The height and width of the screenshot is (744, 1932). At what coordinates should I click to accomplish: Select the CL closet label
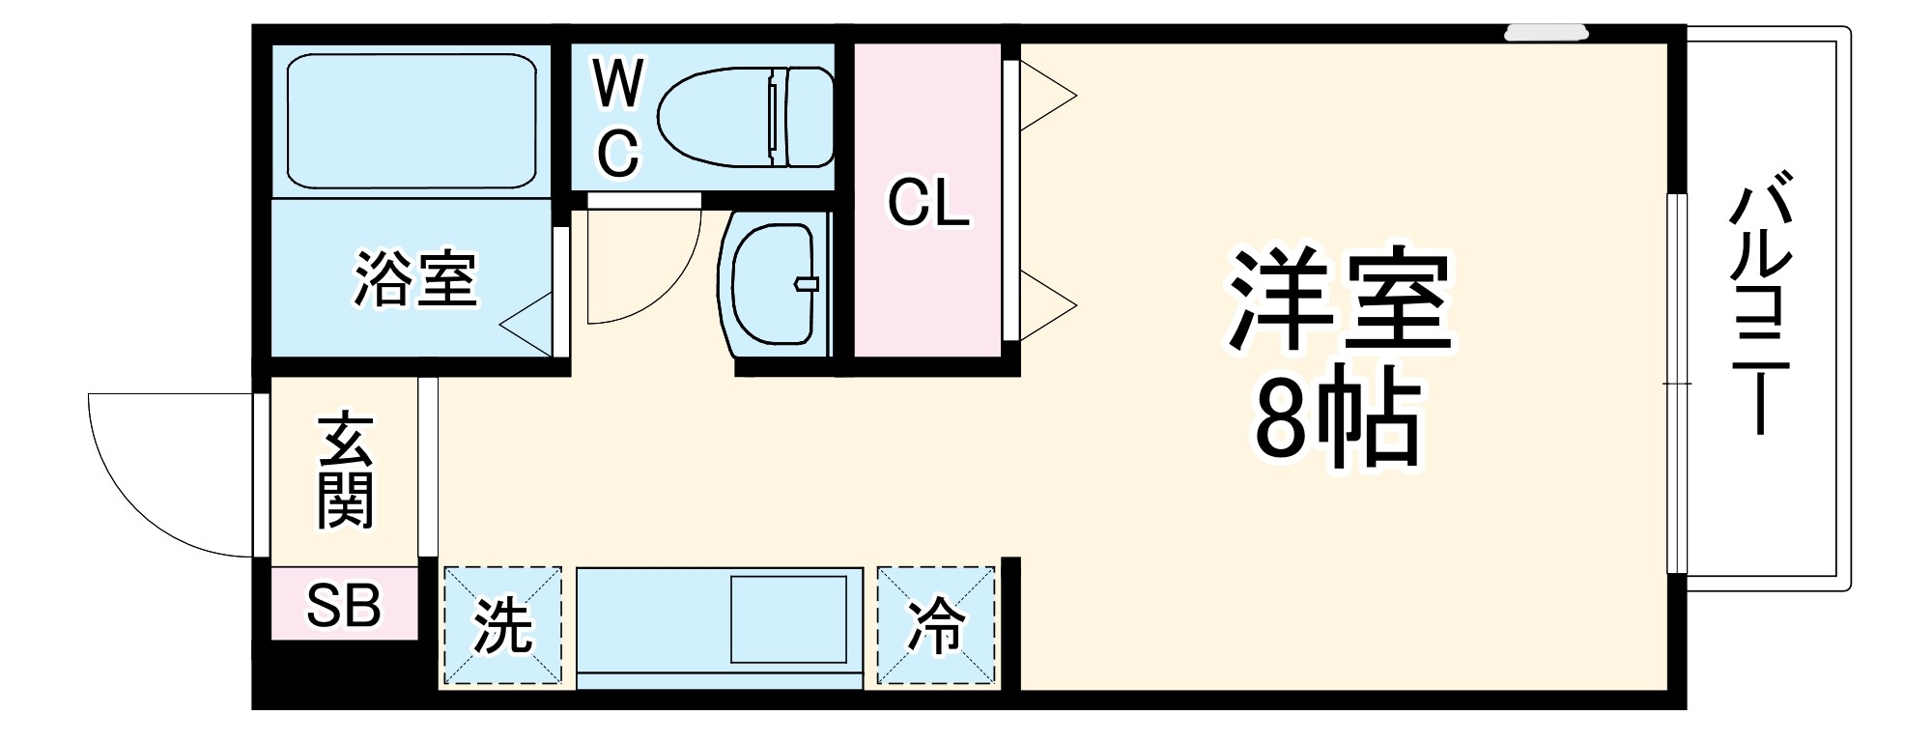point(928,203)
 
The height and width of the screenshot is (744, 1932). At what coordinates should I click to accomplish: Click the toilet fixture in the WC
point(745,116)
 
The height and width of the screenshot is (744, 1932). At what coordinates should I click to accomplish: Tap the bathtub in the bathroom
point(412,120)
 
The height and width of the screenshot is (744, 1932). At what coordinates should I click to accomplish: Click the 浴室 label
point(415,279)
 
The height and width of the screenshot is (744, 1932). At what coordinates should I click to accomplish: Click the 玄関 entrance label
point(345,471)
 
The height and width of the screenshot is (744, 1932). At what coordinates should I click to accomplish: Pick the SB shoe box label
point(344,606)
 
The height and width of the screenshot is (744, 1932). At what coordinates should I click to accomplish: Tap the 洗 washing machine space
point(502,627)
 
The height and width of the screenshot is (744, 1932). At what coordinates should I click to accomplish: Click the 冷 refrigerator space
point(936,627)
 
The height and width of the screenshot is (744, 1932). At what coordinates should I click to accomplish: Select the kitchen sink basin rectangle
point(788,619)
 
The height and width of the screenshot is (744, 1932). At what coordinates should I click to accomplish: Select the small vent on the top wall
point(1546,33)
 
